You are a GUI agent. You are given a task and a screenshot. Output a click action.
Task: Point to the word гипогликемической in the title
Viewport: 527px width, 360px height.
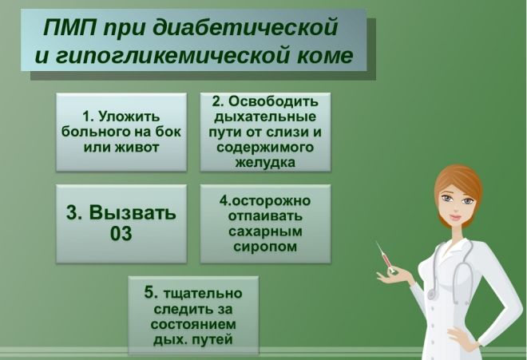(x=168, y=57)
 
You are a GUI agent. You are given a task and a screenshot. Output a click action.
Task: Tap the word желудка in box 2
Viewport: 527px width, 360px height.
(x=264, y=162)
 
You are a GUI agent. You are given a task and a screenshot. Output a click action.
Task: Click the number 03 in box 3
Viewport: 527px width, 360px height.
(x=121, y=234)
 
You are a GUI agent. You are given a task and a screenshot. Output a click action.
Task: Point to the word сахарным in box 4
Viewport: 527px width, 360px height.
(x=264, y=232)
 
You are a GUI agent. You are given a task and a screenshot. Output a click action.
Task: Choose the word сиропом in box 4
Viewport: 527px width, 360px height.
(x=264, y=247)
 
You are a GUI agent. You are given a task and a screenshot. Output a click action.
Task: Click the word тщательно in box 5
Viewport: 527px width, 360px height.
(x=204, y=294)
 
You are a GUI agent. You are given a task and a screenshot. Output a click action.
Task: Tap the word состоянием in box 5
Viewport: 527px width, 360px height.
(x=193, y=326)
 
